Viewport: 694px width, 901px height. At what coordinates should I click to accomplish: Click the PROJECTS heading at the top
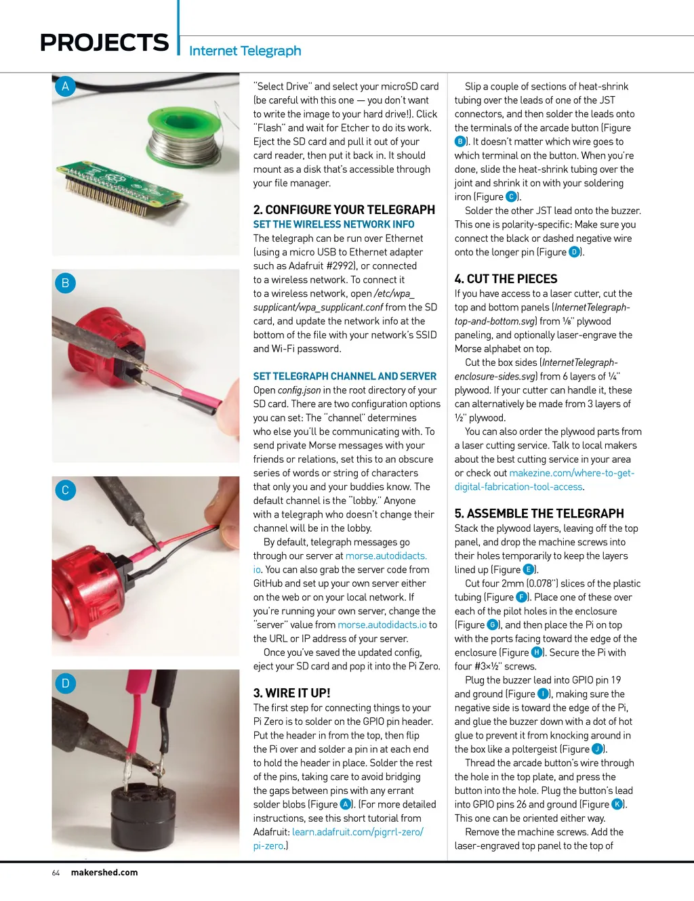104,43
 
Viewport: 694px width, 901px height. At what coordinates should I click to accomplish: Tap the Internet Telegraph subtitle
245,51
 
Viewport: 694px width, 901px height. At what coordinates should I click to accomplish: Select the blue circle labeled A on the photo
65,86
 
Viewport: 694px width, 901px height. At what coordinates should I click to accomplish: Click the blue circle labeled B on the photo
65,282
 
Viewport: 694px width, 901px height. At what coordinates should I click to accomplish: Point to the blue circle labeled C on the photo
65,490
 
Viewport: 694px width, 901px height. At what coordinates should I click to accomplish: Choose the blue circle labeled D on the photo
65,683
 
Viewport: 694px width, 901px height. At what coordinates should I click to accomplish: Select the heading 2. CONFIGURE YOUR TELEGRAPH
344,209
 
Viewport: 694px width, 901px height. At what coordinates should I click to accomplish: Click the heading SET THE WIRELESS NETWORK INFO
333,224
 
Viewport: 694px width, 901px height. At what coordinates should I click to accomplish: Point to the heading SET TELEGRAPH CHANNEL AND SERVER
345,376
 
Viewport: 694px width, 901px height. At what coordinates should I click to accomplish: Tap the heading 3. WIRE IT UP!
291,693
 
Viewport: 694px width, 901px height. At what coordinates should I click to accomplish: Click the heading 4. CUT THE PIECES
506,278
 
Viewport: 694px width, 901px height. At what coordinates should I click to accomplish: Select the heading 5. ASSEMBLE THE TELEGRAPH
539,514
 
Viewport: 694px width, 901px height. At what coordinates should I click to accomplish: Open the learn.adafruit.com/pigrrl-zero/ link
358,832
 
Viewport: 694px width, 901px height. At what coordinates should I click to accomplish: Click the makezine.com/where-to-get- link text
571,473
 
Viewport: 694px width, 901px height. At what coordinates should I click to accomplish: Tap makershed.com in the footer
104,873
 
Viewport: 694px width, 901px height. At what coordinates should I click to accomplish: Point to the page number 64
56,873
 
